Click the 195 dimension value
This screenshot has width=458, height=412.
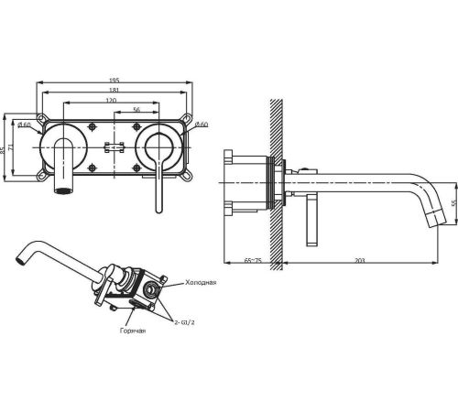click(114, 81)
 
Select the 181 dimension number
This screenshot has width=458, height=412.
click(114, 90)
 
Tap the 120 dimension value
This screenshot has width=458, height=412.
click(111, 100)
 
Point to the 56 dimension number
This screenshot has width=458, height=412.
click(136, 110)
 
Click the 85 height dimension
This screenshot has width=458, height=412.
click(3, 149)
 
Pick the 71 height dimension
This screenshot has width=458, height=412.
click(11, 147)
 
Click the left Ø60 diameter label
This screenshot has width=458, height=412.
click(24, 125)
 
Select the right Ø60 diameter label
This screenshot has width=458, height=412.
click(202, 125)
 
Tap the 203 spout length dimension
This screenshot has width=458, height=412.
click(360, 261)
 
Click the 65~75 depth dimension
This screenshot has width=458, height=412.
click(253, 261)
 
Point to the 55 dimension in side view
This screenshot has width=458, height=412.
click(454, 203)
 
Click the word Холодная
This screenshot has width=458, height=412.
click(201, 282)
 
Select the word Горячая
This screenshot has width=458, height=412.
click(133, 331)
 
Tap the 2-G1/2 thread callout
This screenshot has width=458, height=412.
click(184, 322)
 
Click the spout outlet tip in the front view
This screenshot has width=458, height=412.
click(63, 191)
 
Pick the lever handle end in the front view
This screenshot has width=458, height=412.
click(158, 210)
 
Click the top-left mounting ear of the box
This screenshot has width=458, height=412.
click(41, 119)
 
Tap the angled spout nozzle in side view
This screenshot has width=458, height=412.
click(435, 219)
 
